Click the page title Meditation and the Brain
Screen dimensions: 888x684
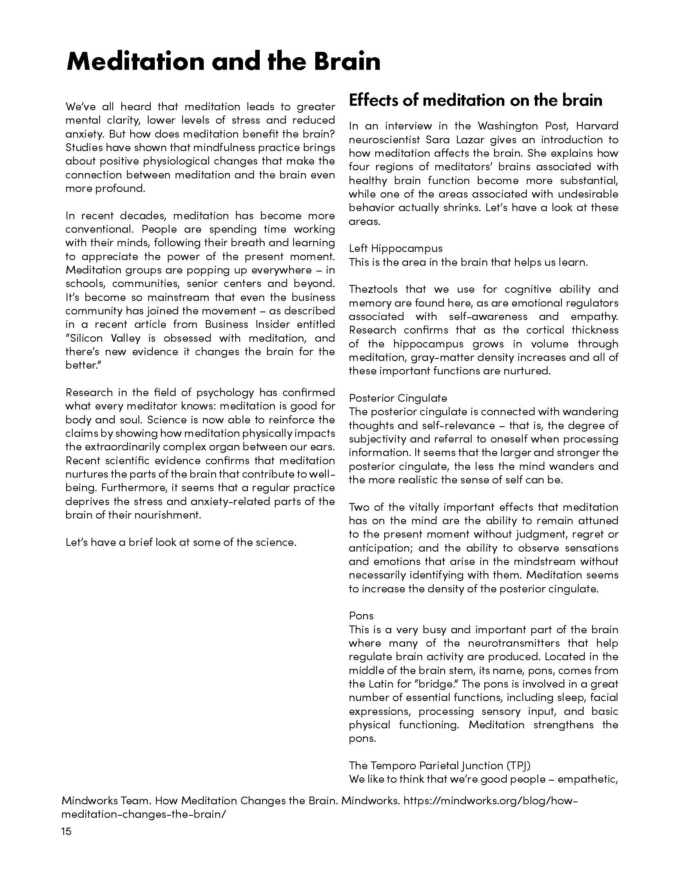223,62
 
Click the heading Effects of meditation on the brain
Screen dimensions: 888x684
475,100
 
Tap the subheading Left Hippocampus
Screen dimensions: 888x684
396,248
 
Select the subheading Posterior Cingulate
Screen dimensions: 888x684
398,398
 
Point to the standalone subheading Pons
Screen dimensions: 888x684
361,616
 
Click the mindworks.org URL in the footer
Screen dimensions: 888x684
490,801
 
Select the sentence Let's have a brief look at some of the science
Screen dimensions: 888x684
181,542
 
